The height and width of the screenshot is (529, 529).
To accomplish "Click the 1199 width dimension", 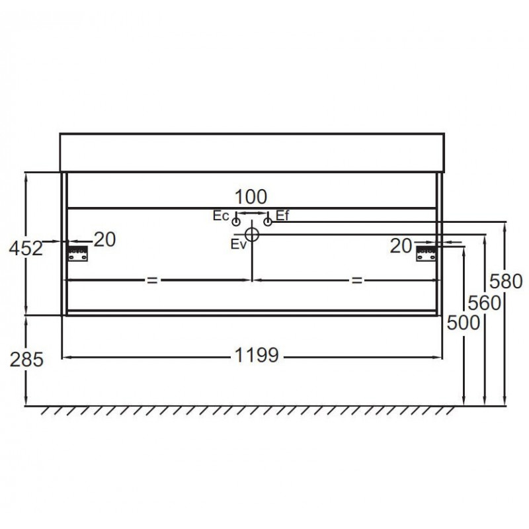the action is point(257,355).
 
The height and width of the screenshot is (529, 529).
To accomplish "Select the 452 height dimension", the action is point(26,249).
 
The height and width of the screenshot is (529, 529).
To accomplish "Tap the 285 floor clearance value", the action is point(26,359).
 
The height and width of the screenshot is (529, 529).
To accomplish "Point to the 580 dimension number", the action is point(506,282).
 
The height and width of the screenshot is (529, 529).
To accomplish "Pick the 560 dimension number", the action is point(484,303).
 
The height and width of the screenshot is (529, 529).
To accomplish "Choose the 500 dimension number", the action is point(464,323).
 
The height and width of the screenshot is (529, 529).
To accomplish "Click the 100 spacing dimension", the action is point(251,196).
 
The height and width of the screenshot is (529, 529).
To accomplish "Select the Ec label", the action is point(221,216).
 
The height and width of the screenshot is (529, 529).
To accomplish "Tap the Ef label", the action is point(282,215).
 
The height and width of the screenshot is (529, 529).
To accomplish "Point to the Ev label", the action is point(239,244).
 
